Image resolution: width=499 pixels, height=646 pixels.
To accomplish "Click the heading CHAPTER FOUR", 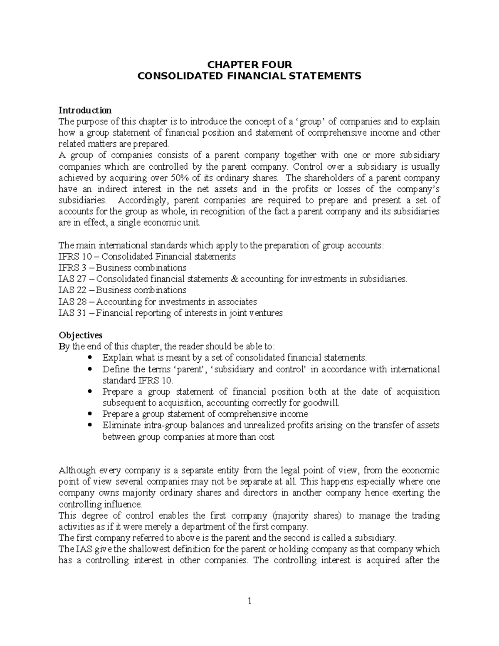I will point(249,64).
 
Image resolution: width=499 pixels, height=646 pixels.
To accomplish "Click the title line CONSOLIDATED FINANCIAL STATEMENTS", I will point(249,76).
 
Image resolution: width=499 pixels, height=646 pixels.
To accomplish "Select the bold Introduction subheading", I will point(85,110).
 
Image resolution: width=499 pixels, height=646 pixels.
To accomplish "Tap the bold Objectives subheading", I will point(80,335).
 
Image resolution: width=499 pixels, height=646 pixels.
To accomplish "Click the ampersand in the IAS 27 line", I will point(234,279).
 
